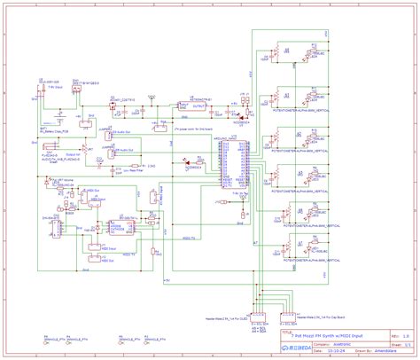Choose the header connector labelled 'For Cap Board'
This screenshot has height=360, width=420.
click(287, 316)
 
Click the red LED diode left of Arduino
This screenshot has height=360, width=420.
click(185, 160)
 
